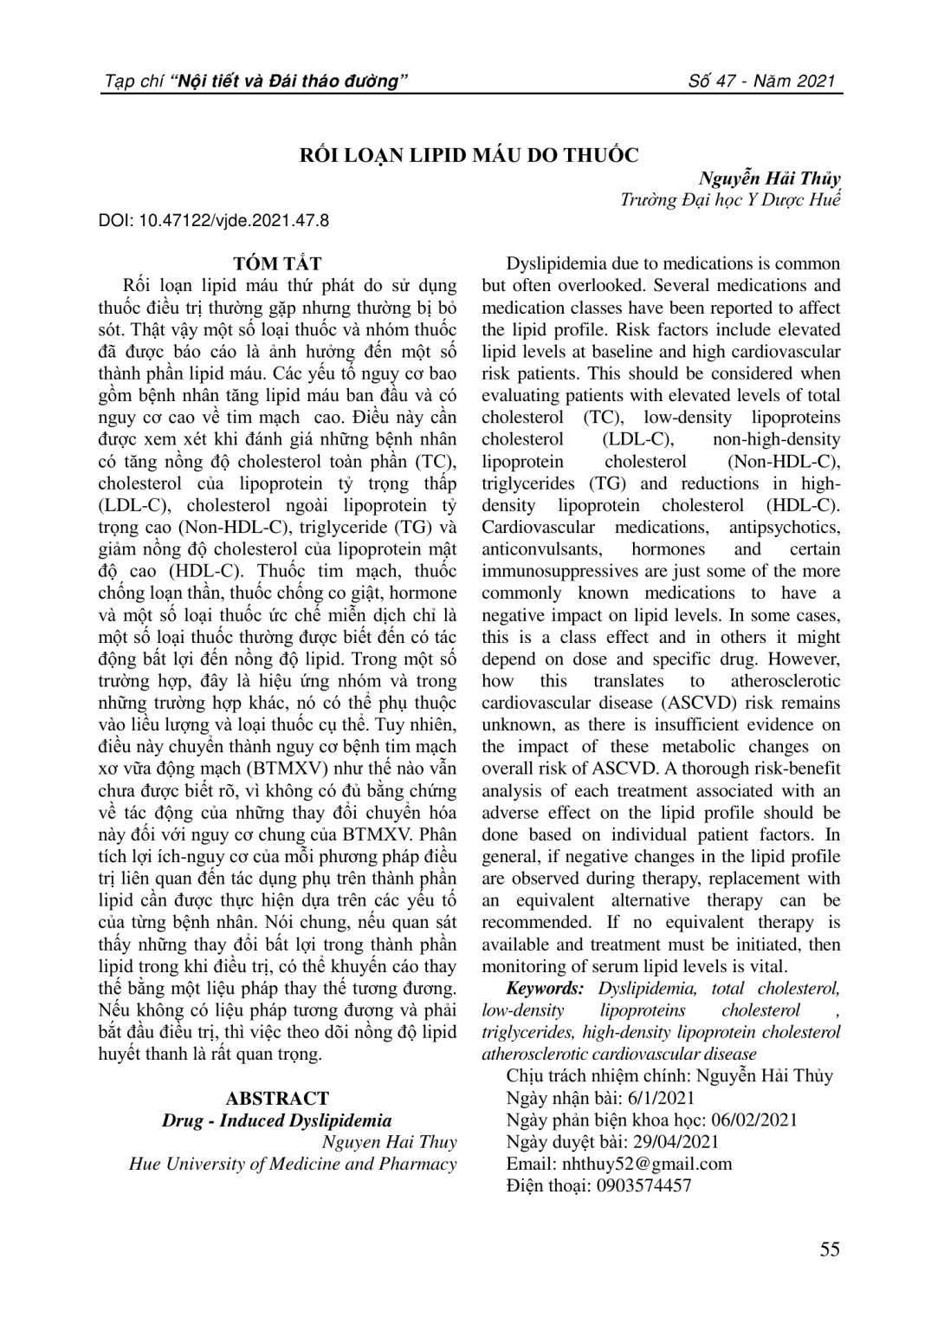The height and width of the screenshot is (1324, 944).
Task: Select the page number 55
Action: click(x=829, y=1249)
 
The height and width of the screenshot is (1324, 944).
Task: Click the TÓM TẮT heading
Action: click(x=277, y=264)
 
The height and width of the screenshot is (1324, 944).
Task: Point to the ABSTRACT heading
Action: click(x=277, y=1099)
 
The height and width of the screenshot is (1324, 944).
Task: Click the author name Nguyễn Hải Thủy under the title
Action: click(x=769, y=179)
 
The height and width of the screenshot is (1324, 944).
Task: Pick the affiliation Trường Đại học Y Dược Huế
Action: click(x=730, y=200)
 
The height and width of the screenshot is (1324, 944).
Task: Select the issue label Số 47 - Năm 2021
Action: click(x=761, y=82)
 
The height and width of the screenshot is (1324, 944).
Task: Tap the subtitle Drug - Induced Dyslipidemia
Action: click(x=277, y=1120)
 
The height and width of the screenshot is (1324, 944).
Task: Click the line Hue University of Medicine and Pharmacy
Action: click(x=293, y=1164)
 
